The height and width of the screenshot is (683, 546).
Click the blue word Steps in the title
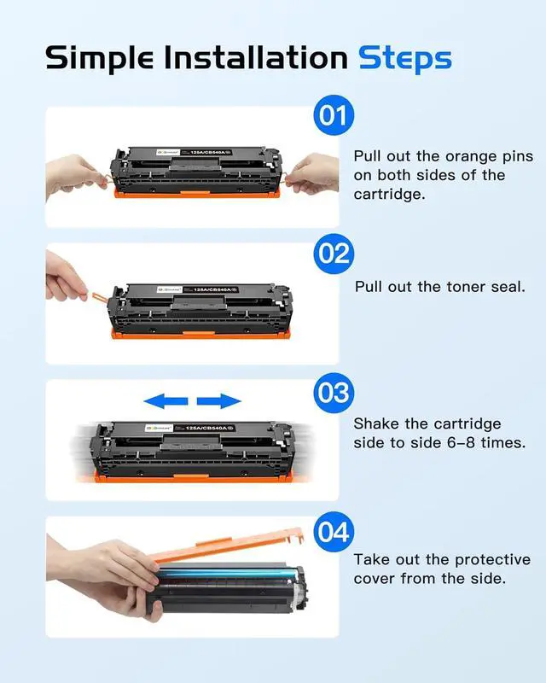[405, 59]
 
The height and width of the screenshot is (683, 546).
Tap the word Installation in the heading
[256, 57]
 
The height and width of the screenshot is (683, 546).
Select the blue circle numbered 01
[334, 115]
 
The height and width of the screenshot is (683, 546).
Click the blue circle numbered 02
[334, 254]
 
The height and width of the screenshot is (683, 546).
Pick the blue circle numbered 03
[334, 393]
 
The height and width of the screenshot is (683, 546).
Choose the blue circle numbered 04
[334, 532]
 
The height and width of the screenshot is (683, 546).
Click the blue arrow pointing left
[166, 401]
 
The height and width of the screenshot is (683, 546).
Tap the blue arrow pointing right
[219, 401]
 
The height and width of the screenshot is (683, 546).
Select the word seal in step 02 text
[508, 287]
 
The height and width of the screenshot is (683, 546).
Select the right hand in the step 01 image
[313, 174]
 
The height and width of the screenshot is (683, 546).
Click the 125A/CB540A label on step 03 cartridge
[206, 429]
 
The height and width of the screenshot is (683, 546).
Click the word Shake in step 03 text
[376, 423]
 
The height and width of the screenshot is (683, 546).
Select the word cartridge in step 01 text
[389, 195]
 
